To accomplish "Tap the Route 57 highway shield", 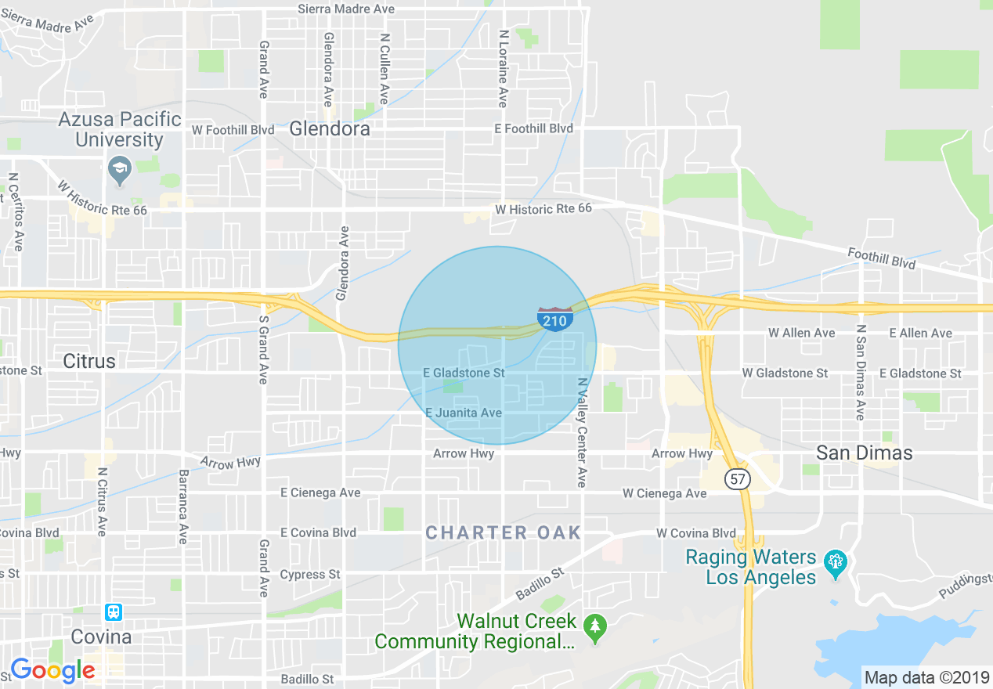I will [738, 479].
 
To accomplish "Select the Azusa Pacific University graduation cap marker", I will [120, 170].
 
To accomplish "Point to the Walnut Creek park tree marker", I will [596, 627].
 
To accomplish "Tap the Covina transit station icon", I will [114, 611].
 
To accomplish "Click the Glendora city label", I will [330, 129].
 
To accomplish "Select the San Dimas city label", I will [865, 453].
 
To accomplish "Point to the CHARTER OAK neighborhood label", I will [504, 533].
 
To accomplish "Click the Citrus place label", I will [89, 361].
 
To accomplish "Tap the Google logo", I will [52, 670].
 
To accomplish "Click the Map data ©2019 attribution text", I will [926, 677].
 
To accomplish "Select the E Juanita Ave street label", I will [464, 413].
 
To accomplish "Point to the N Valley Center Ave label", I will [582, 432].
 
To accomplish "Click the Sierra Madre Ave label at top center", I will [346, 9].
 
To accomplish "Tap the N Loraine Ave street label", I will [503, 69].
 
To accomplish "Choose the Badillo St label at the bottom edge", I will [307, 679].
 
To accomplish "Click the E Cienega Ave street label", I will [320, 492].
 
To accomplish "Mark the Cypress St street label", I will [310, 575].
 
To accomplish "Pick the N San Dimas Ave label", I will [860, 372].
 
